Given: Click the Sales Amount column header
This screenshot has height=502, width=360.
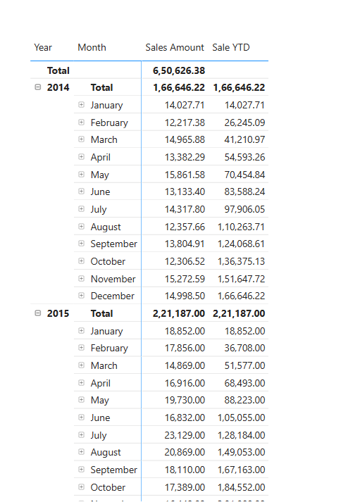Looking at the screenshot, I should click(175, 47).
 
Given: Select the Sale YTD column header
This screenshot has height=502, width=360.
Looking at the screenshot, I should click(231, 47).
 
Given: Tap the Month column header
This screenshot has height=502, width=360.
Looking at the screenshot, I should click(92, 47).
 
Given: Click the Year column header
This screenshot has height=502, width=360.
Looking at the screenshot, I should click(43, 47).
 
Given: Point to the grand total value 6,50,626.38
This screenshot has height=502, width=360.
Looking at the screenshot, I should click(179, 70).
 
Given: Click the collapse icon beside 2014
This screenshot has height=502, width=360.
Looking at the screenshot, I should click(38, 87).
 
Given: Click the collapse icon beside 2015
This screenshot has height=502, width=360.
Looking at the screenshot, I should click(38, 313).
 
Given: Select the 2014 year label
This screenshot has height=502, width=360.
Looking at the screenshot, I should click(58, 87).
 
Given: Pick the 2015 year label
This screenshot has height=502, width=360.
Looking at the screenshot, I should click(58, 313).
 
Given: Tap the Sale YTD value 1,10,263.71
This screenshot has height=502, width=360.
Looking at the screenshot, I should click(238, 227).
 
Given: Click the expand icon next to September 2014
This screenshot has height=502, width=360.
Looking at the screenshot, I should click(82, 244).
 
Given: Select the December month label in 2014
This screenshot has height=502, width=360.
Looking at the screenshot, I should click(112, 296).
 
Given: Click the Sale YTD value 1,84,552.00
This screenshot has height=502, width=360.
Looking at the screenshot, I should click(238, 487).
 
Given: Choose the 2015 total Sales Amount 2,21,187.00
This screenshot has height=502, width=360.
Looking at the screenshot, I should click(179, 313).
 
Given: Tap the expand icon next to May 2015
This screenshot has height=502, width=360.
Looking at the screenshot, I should click(82, 400).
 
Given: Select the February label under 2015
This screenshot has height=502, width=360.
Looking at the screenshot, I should click(109, 348).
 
